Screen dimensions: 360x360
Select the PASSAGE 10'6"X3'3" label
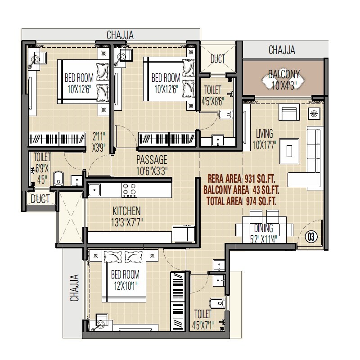coord(152,165)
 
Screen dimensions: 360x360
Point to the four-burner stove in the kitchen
coord(130,189)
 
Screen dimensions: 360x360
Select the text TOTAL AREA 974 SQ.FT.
coord(242,201)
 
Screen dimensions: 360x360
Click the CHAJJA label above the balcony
coord(282,50)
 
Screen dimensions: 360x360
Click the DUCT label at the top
coord(218,59)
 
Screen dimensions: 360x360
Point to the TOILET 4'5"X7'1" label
coord(203,318)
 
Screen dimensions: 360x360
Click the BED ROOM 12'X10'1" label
coord(125,279)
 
